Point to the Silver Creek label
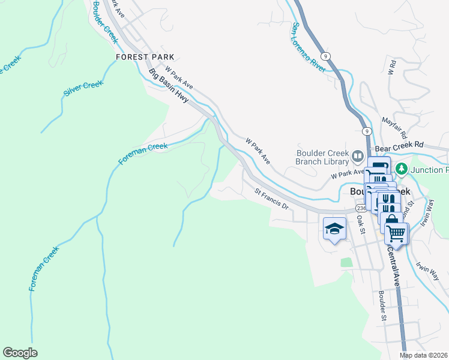tap(83, 89)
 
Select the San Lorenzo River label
tap(308, 47)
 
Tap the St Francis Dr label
tap(272, 200)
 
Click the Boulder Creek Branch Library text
tap(322, 157)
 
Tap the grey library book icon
tap(358, 157)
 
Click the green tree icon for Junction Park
tap(403, 169)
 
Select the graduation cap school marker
tap(334, 229)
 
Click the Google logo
tap(20, 353)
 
